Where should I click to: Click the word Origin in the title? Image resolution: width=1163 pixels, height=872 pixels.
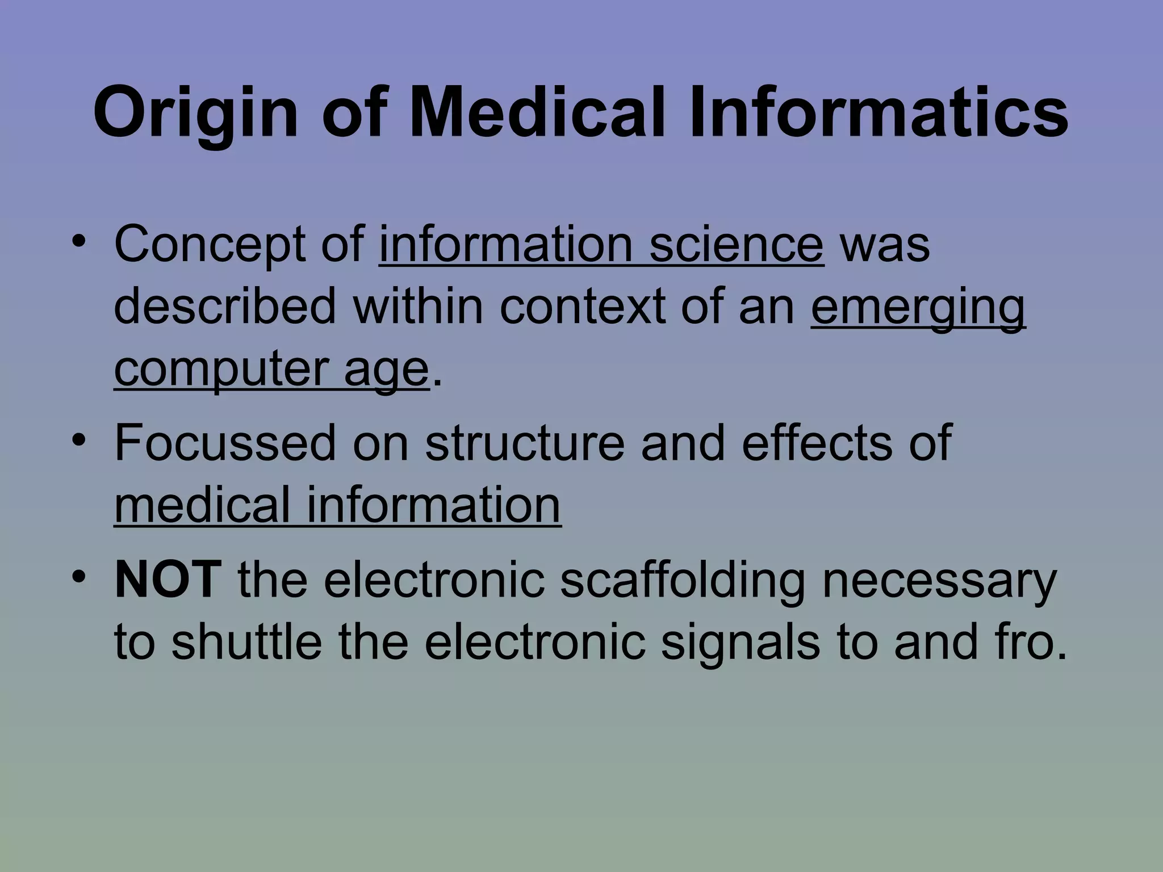click(x=195, y=114)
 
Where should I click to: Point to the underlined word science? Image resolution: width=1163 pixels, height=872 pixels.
click(x=736, y=245)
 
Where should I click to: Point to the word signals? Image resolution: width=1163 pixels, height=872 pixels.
click(x=741, y=644)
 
